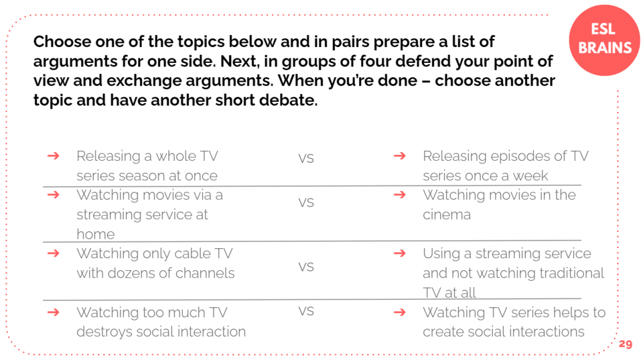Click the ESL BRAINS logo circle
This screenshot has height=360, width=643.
[605, 40]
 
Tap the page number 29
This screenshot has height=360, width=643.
[625, 344]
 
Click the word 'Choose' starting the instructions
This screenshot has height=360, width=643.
[62, 41]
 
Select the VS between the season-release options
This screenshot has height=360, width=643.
[306, 158]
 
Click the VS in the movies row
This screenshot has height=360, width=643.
[306, 203]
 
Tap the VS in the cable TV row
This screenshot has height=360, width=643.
[306, 267]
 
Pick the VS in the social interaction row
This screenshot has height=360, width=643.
[306, 311]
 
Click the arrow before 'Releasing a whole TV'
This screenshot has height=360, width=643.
[53, 156]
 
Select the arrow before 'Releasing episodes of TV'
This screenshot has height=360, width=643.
[400, 156]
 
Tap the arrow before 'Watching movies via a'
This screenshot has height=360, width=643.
[53, 195]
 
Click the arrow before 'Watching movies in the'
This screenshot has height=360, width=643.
[400, 195]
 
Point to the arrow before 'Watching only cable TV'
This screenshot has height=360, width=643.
[53, 253]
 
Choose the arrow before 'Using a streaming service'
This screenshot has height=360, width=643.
[400, 253]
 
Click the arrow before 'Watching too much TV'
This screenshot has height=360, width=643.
[53, 312]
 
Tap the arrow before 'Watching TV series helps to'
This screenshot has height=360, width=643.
[400, 312]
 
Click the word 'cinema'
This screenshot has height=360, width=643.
[446, 215]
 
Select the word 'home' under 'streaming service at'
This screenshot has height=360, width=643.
[95, 234]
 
